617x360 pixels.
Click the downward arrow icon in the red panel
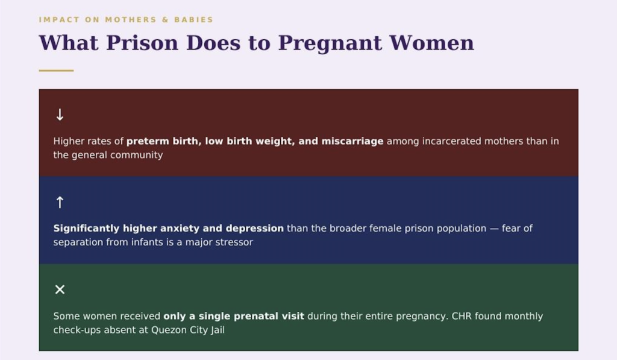tap(60, 115)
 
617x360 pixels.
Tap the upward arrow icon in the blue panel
tap(60, 202)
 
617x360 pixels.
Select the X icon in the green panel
tap(60, 289)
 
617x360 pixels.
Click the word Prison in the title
tap(142, 43)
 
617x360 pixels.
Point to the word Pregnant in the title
tap(330, 43)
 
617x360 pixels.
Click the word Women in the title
tap(431, 43)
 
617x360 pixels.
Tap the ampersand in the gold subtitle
tap(165, 20)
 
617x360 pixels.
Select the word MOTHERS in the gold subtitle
tap(131, 20)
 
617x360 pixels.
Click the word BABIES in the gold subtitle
tap(193, 20)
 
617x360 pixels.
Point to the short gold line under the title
tap(56, 71)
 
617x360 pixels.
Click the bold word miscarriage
tap(352, 141)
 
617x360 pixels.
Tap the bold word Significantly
tap(86, 229)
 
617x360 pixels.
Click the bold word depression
tap(255, 229)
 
